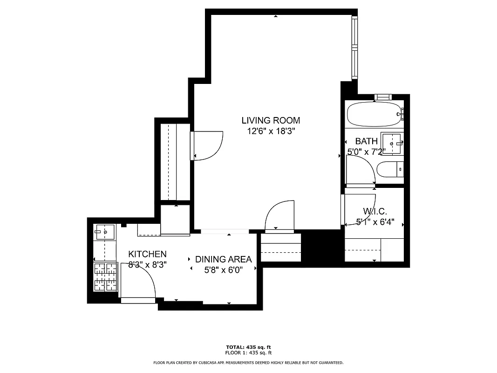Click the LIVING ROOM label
[271, 120]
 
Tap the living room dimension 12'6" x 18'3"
[271, 131]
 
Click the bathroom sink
[391, 143]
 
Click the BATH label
[366, 141]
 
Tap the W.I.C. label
[375, 212]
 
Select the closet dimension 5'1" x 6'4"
[375, 222]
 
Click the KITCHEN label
[147, 254]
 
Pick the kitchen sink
[105, 231]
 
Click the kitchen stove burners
[105, 276]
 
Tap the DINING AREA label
[223, 259]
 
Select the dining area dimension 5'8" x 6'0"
[223, 270]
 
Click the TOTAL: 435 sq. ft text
[248, 347]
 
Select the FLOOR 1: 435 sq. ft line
[248, 353]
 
